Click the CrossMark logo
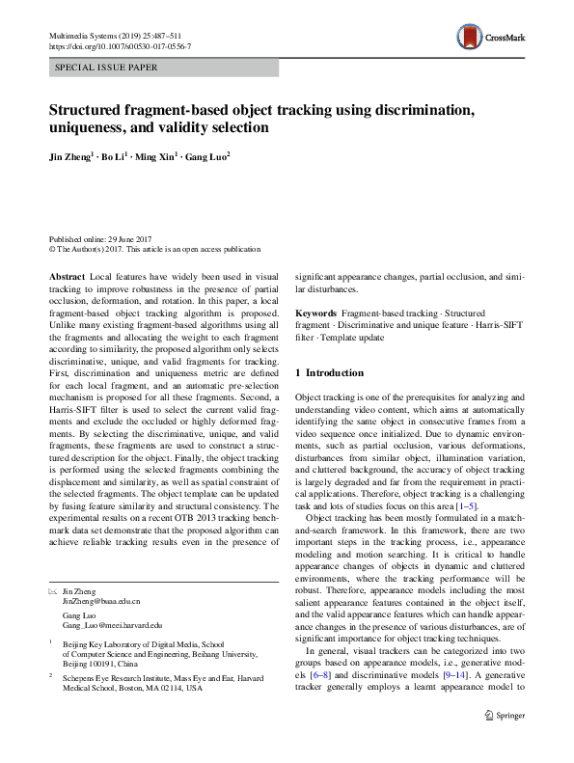tap(490, 37)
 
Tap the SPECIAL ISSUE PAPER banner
tap(107, 68)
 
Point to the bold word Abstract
tap(66, 276)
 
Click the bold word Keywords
tap(314, 314)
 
